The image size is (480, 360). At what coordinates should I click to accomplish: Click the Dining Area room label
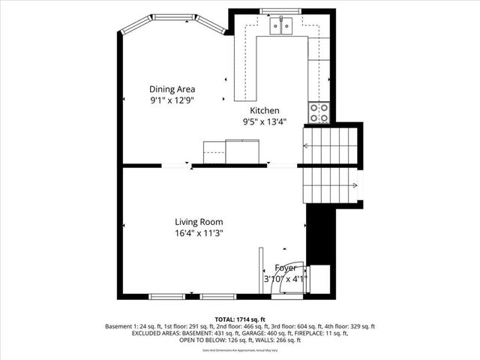pos(172,88)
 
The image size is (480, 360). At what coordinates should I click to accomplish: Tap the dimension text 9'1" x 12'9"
pos(172,100)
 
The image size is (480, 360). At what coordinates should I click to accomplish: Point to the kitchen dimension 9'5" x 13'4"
pos(264,121)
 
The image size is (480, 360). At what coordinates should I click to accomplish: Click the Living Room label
pos(199,222)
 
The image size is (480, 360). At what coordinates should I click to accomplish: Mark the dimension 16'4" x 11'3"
pos(199,233)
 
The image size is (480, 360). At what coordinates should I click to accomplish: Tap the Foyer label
pos(286,268)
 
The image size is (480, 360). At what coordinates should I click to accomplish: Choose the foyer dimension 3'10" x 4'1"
pos(286,280)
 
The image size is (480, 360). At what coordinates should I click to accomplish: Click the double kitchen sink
pos(281,27)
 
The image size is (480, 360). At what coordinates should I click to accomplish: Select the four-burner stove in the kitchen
pos(319,113)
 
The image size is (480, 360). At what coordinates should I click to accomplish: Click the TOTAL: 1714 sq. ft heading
pos(240,319)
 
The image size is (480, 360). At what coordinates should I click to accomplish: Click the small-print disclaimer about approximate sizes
pos(240,349)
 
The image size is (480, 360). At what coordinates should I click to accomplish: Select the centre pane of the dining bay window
pos(172,20)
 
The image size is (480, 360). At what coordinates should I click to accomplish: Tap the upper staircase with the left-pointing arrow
pos(330,143)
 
